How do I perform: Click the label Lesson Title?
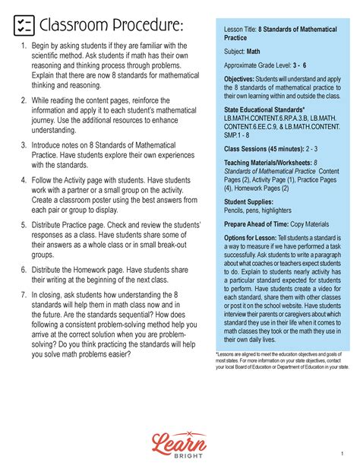[x=240, y=28]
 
